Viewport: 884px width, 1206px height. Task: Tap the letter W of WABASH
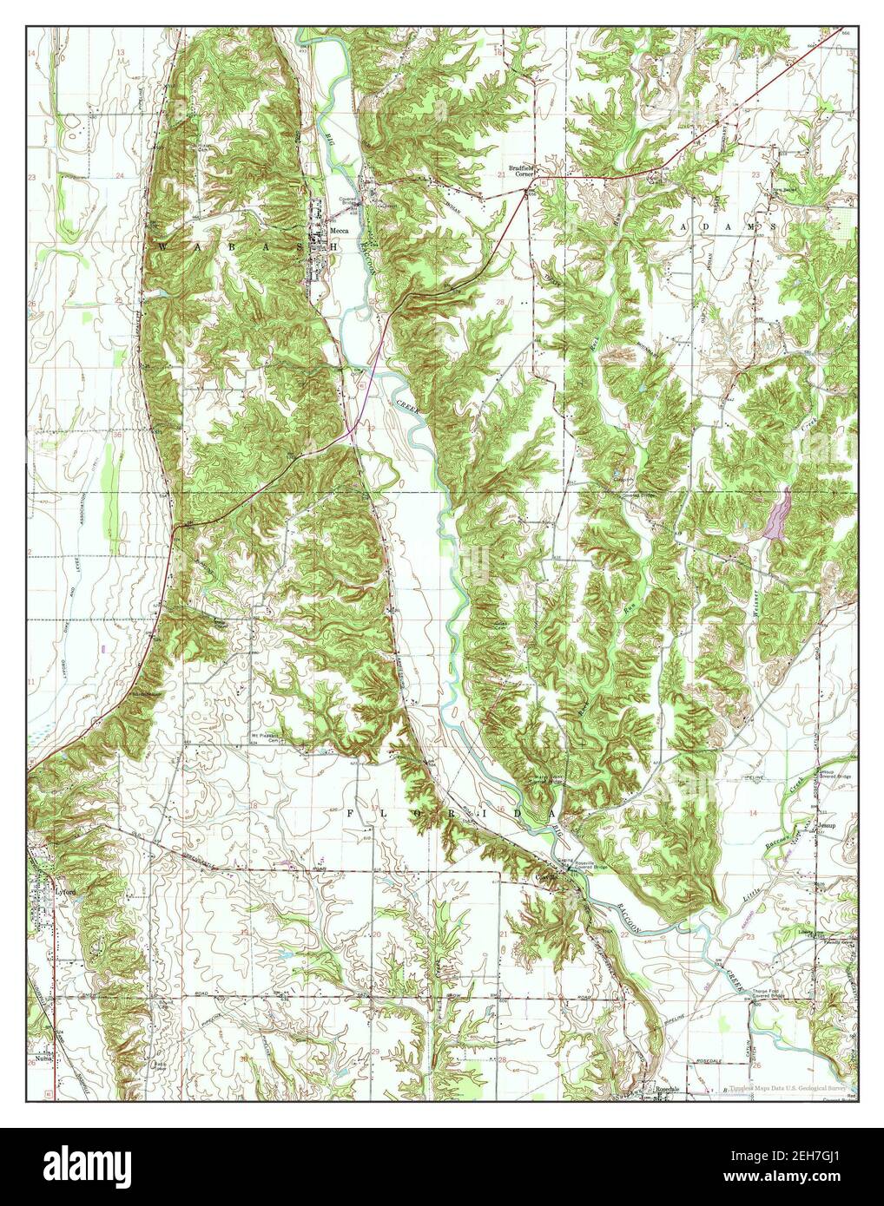(162, 247)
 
